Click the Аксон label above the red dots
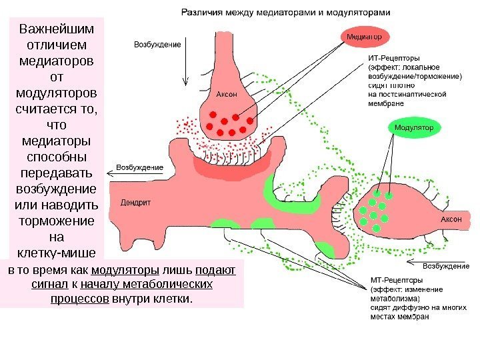227,93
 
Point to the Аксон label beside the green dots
452,219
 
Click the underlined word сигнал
51,285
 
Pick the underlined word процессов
79,299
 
